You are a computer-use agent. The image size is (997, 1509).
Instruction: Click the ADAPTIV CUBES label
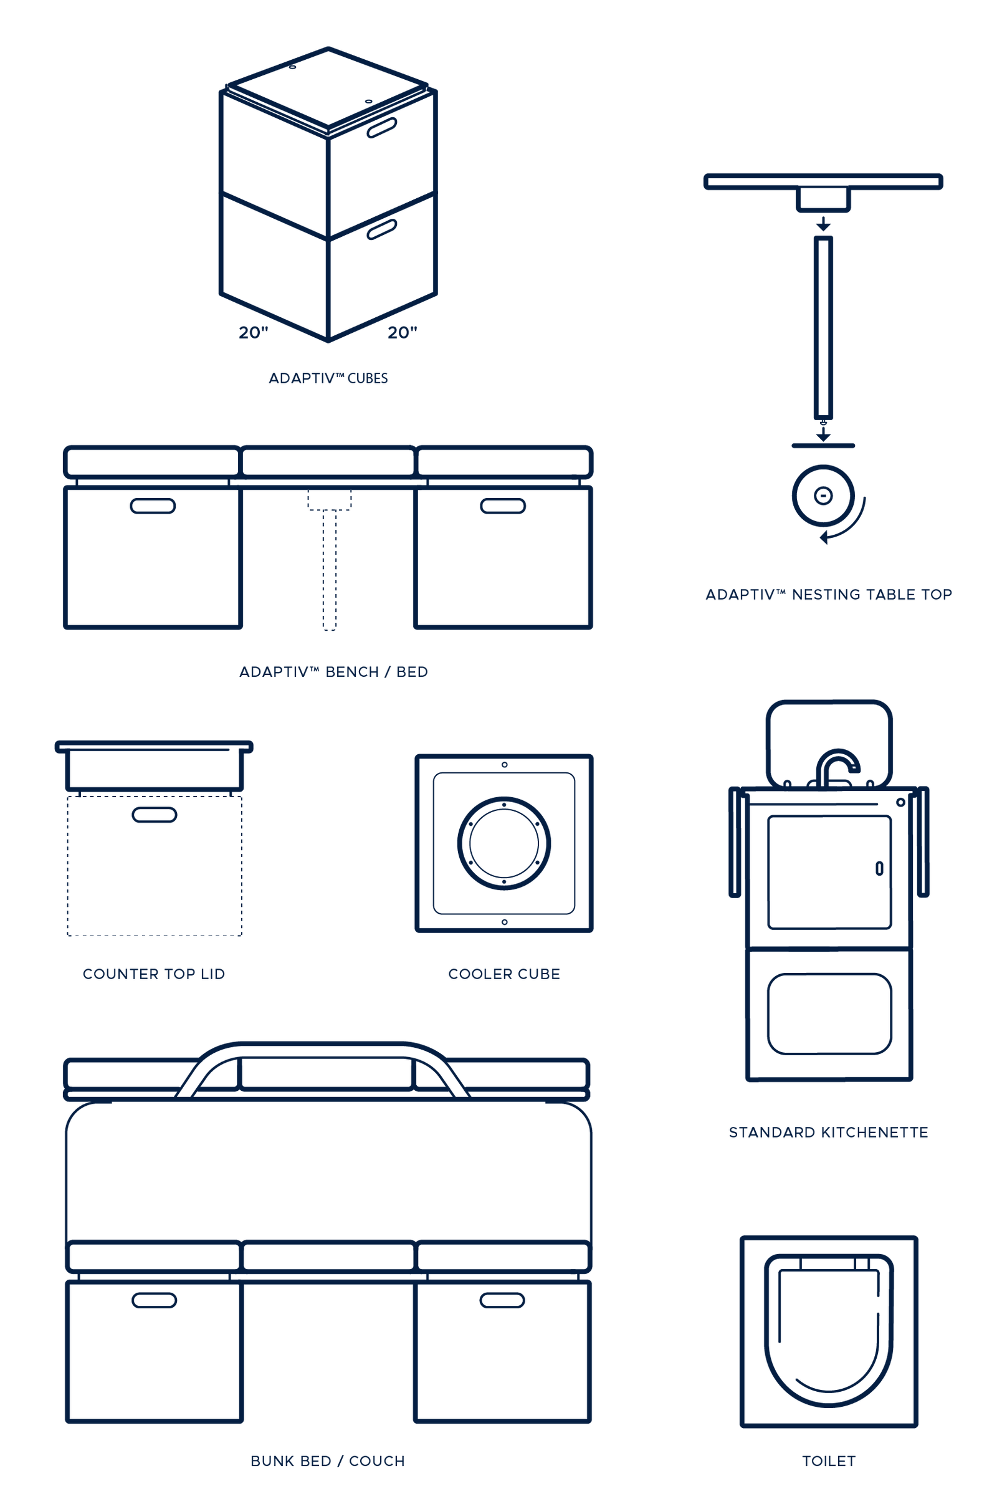coord(328,378)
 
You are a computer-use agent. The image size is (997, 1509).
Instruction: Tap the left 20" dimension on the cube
coord(254,332)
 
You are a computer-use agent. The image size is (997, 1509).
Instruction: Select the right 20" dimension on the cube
coord(403,332)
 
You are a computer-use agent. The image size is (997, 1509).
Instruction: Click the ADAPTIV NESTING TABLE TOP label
coord(829,595)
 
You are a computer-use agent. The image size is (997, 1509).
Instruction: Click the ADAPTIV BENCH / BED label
coord(333,671)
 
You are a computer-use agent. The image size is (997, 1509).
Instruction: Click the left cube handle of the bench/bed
coord(153,506)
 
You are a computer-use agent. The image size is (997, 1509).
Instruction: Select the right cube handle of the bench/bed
coord(502,506)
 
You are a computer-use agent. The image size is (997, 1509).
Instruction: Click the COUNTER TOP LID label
coord(154,974)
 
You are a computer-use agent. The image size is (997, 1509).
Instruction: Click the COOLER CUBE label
coord(503,974)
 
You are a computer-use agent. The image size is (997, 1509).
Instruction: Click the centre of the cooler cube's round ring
coord(504,843)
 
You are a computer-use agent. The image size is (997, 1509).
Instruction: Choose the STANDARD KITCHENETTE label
coord(829,1133)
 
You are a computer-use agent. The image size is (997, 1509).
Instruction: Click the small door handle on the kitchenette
coord(880,868)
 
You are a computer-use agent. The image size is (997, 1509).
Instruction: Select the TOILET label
coord(829,1461)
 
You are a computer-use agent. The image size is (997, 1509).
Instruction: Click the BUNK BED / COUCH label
coord(328,1461)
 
